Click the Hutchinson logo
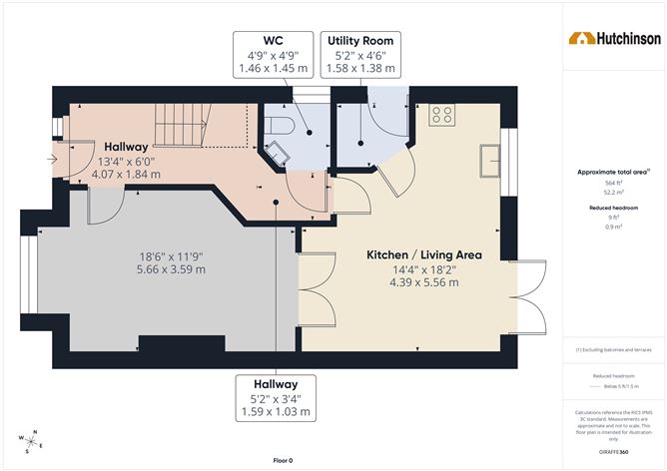pos(614,39)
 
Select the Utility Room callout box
pos(362,55)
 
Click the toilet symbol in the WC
pos(279,126)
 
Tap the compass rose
pos(31,439)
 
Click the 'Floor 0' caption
pos(283,460)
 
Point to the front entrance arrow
pos(52,159)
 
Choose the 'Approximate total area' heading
pos(613,173)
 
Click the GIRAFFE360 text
pos(614,454)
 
